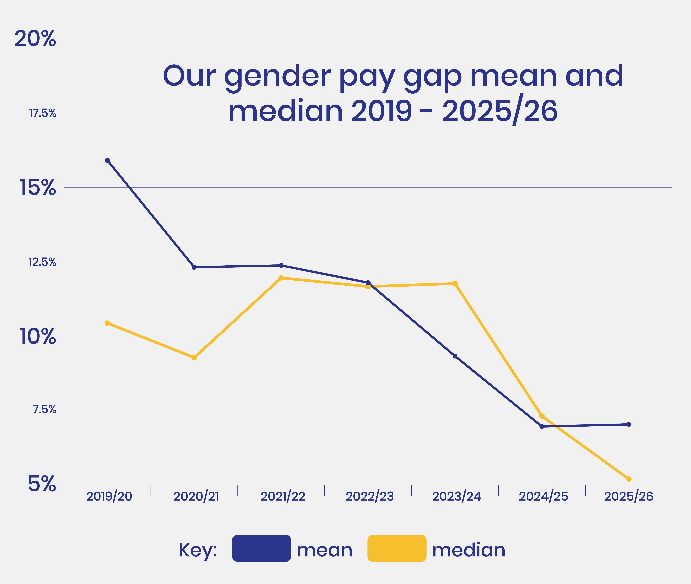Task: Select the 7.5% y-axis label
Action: click(x=44, y=410)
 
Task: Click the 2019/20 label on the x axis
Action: click(x=109, y=496)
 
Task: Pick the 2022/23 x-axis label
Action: click(x=370, y=496)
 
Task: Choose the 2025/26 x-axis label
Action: click(x=628, y=496)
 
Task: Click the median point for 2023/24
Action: click(x=455, y=283)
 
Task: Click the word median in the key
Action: click(x=469, y=550)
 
